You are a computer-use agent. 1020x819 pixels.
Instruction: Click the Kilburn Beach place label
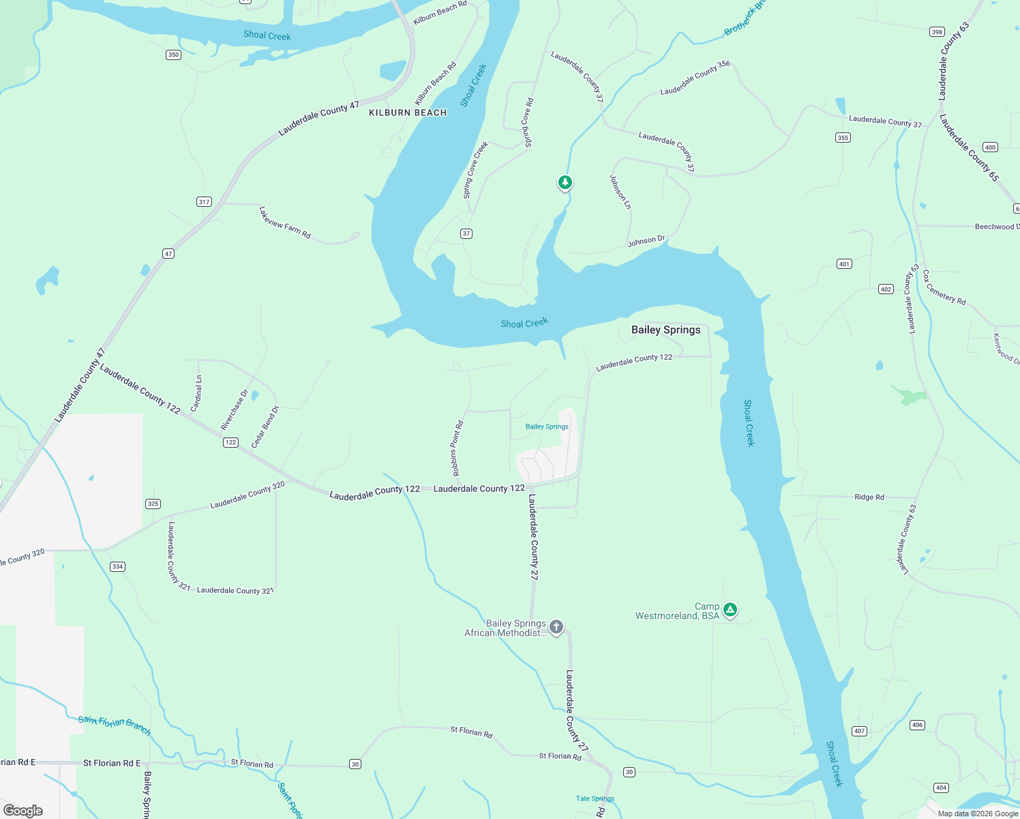pyautogui.click(x=408, y=113)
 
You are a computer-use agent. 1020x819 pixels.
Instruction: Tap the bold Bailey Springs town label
pyautogui.click(x=665, y=330)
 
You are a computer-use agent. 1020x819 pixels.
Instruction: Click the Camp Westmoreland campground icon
pyautogui.click(x=730, y=609)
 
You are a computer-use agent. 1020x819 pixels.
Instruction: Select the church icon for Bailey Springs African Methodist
pyautogui.click(x=556, y=627)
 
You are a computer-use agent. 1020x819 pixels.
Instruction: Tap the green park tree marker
pyautogui.click(x=565, y=182)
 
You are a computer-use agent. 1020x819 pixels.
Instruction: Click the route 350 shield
pyautogui.click(x=173, y=55)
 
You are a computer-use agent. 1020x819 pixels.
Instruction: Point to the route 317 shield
pyautogui.click(x=204, y=201)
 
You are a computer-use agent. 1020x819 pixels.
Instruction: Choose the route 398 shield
pyautogui.click(x=937, y=32)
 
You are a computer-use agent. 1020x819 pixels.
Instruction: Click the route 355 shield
pyautogui.click(x=843, y=137)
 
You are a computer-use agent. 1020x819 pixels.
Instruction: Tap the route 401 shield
pyautogui.click(x=844, y=263)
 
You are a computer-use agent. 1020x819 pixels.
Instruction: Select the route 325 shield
pyautogui.click(x=153, y=504)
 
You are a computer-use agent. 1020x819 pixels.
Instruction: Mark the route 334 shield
pyautogui.click(x=117, y=566)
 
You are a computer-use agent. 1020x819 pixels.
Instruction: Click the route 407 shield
pyautogui.click(x=859, y=731)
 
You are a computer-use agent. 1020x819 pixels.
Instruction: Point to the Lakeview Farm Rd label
pyautogui.click(x=285, y=222)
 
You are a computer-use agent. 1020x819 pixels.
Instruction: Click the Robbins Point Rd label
pyautogui.click(x=457, y=448)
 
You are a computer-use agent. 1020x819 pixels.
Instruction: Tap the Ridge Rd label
pyautogui.click(x=869, y=497)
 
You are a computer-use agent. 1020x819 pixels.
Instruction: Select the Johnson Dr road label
pyautogui.click(x=646, y=241)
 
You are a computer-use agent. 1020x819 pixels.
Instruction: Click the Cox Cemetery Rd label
pyautogui.click(x=944, y=287)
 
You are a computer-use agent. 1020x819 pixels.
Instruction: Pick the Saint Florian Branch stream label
pyautogui.click(x=115, y=725)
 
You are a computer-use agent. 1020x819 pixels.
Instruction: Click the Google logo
pyautogui.click(x=23, y=811)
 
